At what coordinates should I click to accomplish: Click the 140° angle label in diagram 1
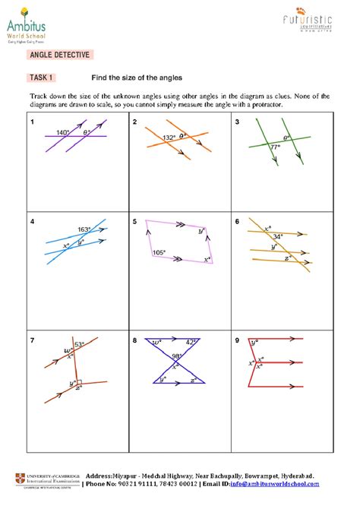(62, 133)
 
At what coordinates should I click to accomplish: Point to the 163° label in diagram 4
(84, 229)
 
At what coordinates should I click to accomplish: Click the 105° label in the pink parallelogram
(159, 251)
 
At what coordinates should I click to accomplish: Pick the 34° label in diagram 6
(278, 236)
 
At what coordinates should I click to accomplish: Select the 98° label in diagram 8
(177, 357)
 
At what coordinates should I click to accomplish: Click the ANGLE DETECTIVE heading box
(60, 55)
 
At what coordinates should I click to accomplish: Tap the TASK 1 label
(39, 77)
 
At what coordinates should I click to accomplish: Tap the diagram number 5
(134, 223)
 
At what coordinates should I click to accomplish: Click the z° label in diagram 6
(286, 259)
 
